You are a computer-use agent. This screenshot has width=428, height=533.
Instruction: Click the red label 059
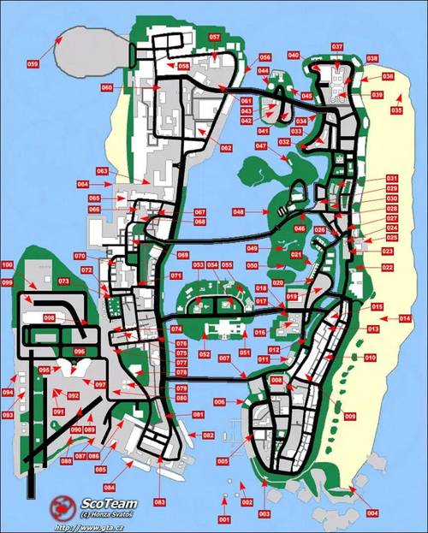[x=33, y=64]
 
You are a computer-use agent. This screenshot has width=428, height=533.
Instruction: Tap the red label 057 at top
[x=214, y=38]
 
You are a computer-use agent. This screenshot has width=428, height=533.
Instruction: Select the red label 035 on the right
[x=396, y=110]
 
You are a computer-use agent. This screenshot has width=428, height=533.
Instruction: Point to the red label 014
[x=405, y=318]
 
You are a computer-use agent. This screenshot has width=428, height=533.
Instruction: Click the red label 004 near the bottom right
[x=372, y=512]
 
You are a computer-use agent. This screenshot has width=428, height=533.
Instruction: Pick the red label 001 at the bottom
[x=224, y=519]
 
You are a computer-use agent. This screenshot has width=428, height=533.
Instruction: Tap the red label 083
[x=159, y=500]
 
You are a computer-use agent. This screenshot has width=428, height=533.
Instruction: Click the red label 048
[x=238, y=211]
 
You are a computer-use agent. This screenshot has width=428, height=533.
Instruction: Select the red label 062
[x=226, y=148]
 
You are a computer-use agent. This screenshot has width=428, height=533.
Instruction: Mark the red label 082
[x=208, y=435]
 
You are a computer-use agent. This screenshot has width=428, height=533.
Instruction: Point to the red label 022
[x=388, y=268]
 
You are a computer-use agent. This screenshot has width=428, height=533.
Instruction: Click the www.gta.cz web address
[x=92, y=527]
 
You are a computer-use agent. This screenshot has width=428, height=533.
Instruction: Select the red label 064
[x=83, y=184]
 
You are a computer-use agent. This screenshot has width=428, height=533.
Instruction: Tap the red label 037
[x=337, y=46]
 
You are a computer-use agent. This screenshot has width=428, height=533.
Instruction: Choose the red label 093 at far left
[x=8, y=414]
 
